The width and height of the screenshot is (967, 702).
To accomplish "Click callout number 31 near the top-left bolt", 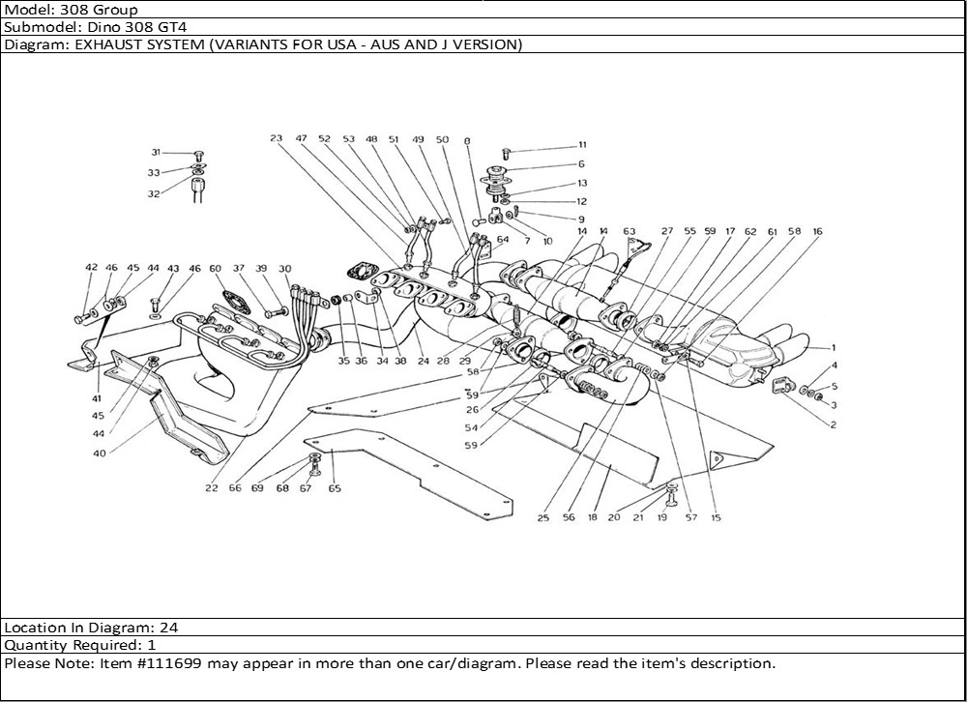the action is coord(156,153).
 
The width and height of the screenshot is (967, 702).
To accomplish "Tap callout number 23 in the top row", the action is coord(276,138).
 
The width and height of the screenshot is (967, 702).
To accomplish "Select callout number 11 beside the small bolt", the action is coord(582,145).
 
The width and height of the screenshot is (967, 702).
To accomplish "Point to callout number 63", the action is coord(630,232).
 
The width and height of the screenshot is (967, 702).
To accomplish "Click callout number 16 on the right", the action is coord(817,231).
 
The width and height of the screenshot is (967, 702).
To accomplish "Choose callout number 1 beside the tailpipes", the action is coord(834,348).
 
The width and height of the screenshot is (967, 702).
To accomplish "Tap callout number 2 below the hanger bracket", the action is coord(834,424).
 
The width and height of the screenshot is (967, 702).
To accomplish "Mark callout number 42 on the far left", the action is coord(91,267).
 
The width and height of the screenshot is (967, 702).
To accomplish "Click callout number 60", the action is coord(215,269).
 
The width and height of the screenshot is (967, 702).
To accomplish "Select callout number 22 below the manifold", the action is coord(212,488).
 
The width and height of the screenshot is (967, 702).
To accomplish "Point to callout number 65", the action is coord(335,488).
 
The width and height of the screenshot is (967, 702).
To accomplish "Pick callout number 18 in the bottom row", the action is coord(592,517).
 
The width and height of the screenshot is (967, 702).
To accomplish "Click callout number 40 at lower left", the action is coord(100,453).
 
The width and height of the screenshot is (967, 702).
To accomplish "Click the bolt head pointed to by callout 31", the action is coord(198,154).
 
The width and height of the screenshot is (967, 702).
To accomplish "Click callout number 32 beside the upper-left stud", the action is coord(154,193).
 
